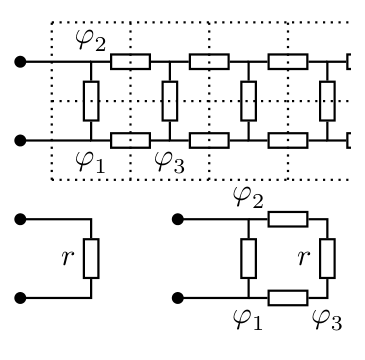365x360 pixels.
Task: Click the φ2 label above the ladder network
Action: (91, 40)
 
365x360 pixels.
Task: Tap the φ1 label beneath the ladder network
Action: (90, 162)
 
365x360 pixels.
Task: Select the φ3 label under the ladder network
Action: (169, 163)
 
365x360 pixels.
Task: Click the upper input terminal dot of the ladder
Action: (20, 62)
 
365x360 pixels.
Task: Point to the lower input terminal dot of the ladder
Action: (20, 140)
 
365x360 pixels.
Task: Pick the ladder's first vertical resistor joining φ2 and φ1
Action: (91, 101)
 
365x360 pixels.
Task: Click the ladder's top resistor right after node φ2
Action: (130, 62)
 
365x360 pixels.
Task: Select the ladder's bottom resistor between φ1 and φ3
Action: (130, 140)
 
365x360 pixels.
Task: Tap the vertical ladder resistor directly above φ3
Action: (170, 101)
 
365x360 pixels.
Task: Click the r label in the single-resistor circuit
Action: (68, 258)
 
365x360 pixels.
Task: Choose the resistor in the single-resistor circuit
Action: (91, 258)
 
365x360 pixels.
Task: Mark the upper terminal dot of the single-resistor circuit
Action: (20, 219)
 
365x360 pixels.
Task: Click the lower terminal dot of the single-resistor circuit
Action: (20, 298)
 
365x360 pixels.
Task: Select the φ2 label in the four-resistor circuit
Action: (248, 198)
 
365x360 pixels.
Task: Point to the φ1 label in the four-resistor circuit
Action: (248, 319)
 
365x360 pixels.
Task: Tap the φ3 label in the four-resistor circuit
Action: (327, 320)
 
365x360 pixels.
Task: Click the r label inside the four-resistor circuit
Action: (304, 258)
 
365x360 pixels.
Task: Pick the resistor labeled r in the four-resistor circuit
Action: (327, 258)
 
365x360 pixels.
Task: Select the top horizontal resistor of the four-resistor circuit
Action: (288, 219)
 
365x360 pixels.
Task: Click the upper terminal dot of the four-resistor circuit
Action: (178, 219)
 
